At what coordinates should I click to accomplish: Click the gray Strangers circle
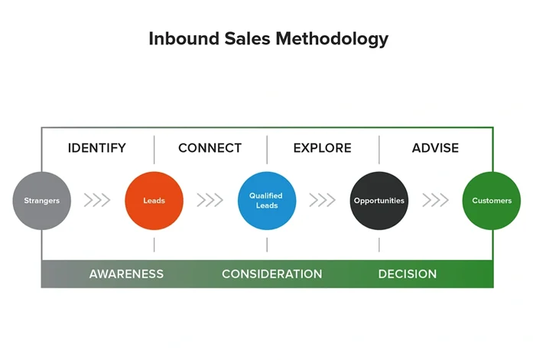41,201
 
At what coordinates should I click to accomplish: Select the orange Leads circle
154,201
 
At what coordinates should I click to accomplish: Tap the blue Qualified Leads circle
267,201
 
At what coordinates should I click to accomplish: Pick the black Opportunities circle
379,201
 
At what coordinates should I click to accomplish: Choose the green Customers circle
492,201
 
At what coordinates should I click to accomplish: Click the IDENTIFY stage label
97,148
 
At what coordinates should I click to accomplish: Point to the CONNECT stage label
210,148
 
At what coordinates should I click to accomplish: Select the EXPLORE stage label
323,148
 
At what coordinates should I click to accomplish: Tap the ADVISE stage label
436,148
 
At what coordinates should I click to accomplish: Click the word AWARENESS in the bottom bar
126,274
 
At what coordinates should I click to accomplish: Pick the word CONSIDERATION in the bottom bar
271,274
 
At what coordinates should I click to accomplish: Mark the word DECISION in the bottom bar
408,274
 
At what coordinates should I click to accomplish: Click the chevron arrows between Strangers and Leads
97,201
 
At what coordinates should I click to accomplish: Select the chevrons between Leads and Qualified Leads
210,201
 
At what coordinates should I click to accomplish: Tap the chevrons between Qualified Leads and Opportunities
323,201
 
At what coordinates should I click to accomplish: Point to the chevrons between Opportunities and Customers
436,201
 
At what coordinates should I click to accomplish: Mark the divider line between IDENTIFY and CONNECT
154,149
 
